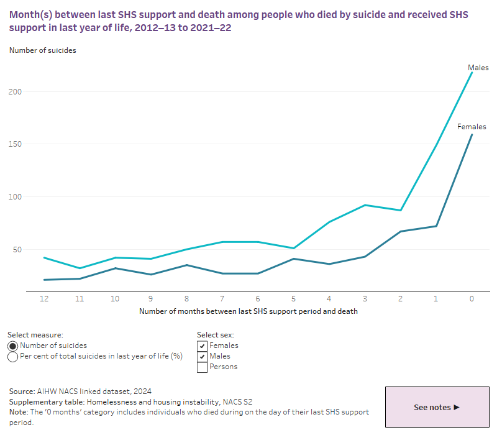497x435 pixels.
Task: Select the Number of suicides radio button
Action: [x=13, y=346]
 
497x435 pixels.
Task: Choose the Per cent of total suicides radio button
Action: [x=13, y=357]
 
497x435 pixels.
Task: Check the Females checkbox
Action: [x=202, y=346]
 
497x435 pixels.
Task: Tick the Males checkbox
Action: [x=202, y=356]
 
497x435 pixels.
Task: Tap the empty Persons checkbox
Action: [x=202, y=367]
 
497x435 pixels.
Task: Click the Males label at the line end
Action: [x=478, y=68]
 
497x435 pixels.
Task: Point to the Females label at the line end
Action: [x=472, y=127]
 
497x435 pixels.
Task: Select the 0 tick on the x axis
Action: [x=472, y=299]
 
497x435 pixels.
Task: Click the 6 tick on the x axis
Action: [x=258, y=299]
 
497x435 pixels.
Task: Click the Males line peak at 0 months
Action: [x=472, y=72]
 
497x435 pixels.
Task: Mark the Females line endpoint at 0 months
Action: [x=472, y=135]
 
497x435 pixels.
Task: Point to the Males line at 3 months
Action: [x=365, y=205]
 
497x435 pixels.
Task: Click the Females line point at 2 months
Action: [x=400, y=231]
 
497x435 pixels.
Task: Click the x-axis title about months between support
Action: [x=248, y=311]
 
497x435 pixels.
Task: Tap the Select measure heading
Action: [x=35, y=335]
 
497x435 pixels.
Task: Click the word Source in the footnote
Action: [x=22, y=391]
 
